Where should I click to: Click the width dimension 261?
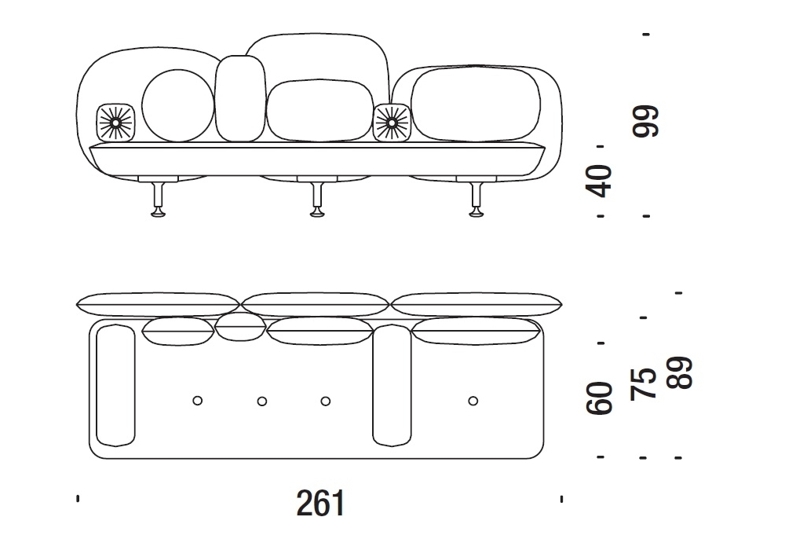click(320, 503)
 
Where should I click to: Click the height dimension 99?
click(646, 121)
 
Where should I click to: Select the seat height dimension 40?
click(599, 181)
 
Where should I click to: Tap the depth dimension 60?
click(599, 398)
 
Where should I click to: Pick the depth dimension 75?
click(644, 384)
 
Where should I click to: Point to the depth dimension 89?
click(679, 372)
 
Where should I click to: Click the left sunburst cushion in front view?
click(115, 123)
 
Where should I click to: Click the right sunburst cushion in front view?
click(392, 123)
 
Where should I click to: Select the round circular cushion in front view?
click(177, 106)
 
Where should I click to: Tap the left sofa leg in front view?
click(159, 200)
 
